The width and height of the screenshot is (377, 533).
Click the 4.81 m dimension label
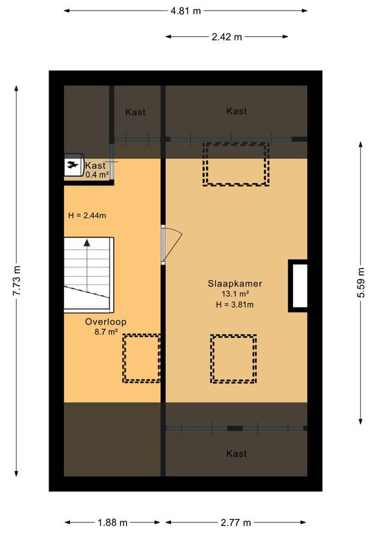coord(185,11)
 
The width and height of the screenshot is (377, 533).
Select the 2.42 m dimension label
coord(227,37)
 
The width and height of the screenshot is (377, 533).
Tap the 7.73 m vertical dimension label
coord(17,281)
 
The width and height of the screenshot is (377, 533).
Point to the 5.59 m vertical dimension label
coord(361,283)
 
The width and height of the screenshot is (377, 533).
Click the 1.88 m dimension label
coord(112,523)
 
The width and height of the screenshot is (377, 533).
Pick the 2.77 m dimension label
coord(235,523)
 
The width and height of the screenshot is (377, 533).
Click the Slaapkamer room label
coord(235,283)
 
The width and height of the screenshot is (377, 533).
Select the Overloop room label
coord(106,321)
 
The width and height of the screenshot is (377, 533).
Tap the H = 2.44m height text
coord(87,215)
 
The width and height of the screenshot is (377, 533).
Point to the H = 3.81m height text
coord(235,305)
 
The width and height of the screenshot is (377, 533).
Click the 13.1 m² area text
coord(235,294)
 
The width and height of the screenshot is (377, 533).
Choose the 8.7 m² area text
coord(106,332)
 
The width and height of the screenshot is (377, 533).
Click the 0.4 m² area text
coord(97,175)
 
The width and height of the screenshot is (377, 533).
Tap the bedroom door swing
coord(175,244)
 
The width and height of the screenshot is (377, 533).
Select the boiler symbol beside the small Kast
coord(74,165)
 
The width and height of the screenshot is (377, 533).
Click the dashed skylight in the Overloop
coord(142,358)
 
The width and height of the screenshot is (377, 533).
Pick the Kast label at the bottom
coord(236,453)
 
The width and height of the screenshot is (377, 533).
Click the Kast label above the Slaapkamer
coord(236,111)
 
